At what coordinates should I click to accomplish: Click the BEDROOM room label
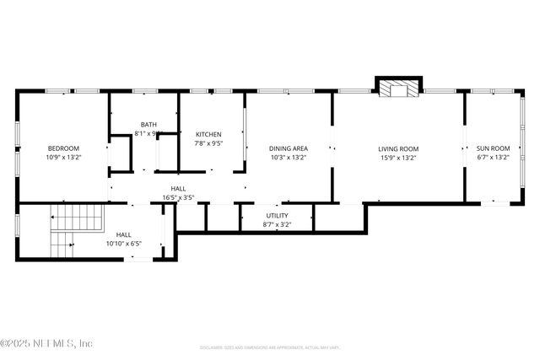[63, 148]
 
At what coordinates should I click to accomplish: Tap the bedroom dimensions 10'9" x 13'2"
[63, 157]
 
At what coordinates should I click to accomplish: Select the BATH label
[148, 125]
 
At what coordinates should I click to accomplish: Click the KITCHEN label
[209, 134]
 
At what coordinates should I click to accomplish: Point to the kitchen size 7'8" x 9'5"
[209, 143]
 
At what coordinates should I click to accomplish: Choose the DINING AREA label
[288, 148]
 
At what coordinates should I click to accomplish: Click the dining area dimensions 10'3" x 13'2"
[288, 157]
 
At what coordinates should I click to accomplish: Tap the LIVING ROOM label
[397, 148]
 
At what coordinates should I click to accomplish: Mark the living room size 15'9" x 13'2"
[397, 157]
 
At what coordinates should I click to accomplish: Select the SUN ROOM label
[494, 148]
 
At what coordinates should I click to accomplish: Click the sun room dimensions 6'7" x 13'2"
[494, 157]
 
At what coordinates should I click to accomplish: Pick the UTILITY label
[277, 216]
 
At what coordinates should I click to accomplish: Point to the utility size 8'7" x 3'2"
[277, 224]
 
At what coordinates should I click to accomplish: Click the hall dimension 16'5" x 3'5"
[179, 198]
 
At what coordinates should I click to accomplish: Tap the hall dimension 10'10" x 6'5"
[124, 244]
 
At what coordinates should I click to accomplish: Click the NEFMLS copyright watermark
[46, 343]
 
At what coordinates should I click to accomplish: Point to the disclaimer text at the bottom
[270, 347]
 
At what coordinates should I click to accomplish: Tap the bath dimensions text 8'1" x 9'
[148, 133]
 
